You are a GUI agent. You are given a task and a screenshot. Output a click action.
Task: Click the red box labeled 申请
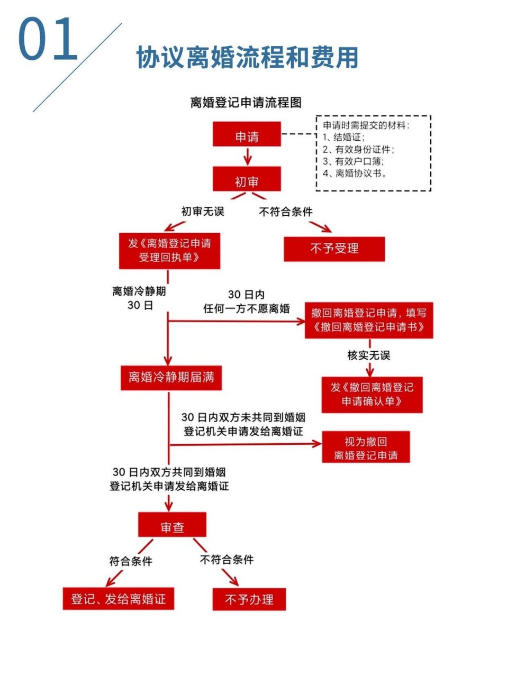[x=247, y=135]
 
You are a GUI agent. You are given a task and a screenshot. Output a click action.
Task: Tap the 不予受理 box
[x=334, y=249]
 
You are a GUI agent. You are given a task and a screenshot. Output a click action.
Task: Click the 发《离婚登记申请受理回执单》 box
[x=169, y=251]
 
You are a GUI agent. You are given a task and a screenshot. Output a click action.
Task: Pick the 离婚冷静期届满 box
[x=171, y=378]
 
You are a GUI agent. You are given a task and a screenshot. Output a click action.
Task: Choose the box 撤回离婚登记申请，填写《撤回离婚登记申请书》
[x=368, y=320]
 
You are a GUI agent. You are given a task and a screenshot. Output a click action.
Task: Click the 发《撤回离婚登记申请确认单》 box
[x=372, y=395]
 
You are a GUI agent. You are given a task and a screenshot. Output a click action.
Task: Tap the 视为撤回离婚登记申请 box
[x=366, y=448]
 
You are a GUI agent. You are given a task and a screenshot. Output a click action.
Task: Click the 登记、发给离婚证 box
[x=118, y=599]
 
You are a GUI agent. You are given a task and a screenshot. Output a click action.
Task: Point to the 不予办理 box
[x=249, y=599]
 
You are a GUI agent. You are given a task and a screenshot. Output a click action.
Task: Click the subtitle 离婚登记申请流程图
[x=246, y=103]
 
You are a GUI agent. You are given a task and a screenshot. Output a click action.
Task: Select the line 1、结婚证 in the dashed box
[x=344, y=138]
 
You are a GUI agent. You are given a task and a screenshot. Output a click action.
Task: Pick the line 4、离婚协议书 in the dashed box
[x=355, y=173]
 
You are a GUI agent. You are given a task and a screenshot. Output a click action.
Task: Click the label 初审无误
[x=203, y=212]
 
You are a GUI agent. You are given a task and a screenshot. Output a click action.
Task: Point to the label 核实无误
[x=368, y=355]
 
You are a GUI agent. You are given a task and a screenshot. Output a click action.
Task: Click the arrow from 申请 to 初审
[x=247, y=157]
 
